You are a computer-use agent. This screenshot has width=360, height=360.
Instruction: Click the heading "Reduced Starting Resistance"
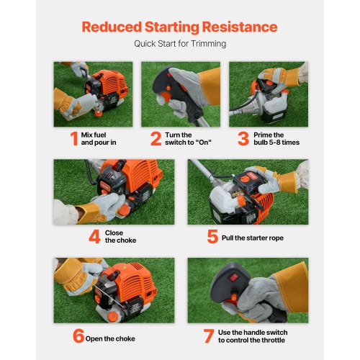(179, 27)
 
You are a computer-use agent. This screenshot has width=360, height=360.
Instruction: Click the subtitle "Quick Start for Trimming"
(179, 44)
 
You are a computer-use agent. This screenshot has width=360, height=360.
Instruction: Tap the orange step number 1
(73, 138)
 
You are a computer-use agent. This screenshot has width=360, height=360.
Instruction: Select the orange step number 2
(156, 138)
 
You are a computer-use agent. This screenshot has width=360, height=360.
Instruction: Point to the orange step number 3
(243, 138)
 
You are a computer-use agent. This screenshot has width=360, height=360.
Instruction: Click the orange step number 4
(94, 236)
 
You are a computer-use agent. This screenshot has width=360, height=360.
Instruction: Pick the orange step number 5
(212, 236)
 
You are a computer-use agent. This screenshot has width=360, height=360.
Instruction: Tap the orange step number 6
(78, 336)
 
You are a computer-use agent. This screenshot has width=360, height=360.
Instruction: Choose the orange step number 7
(208, 336)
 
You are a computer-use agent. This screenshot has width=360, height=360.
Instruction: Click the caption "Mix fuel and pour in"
(99, 138)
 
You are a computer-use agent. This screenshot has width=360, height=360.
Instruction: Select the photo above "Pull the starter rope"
(247, 192)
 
